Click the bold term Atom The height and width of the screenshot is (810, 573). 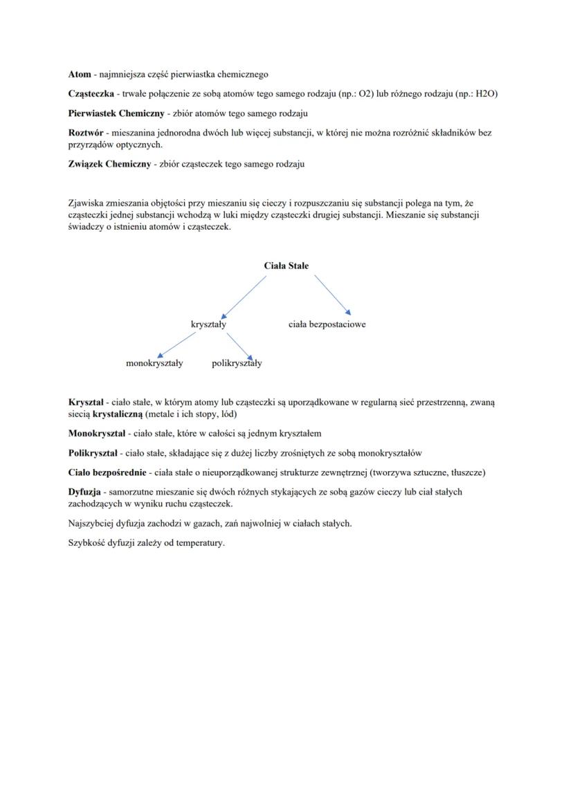[x=80, y=74]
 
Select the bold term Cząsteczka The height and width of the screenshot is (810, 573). [x=91, y=93]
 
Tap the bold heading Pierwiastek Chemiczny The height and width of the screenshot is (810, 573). [x=116, y=113]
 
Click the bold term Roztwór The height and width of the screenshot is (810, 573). [x=86, y=132]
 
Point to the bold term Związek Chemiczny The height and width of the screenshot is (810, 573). [x=109, y=164]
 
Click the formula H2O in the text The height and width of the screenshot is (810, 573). [x=487, y=93]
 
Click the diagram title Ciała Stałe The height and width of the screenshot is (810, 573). [x=286, y=266]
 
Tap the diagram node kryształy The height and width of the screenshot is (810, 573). [x=208, y=324]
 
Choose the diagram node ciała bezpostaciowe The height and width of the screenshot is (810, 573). [x=327, y=324]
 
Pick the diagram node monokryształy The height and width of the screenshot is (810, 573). [x=154, y=363]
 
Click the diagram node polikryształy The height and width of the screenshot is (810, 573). [x=237, y=363]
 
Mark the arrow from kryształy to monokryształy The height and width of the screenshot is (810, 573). [x=177, y=344]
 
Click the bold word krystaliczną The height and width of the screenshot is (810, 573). [x=117, y=414]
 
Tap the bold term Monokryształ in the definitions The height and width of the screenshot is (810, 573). [x=97, y=433]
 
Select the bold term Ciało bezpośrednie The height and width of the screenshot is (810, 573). [x=107, y=472]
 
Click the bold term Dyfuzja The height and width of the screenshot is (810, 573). [x=84, y=492]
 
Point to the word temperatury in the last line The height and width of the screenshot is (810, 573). [x=201, y=543]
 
